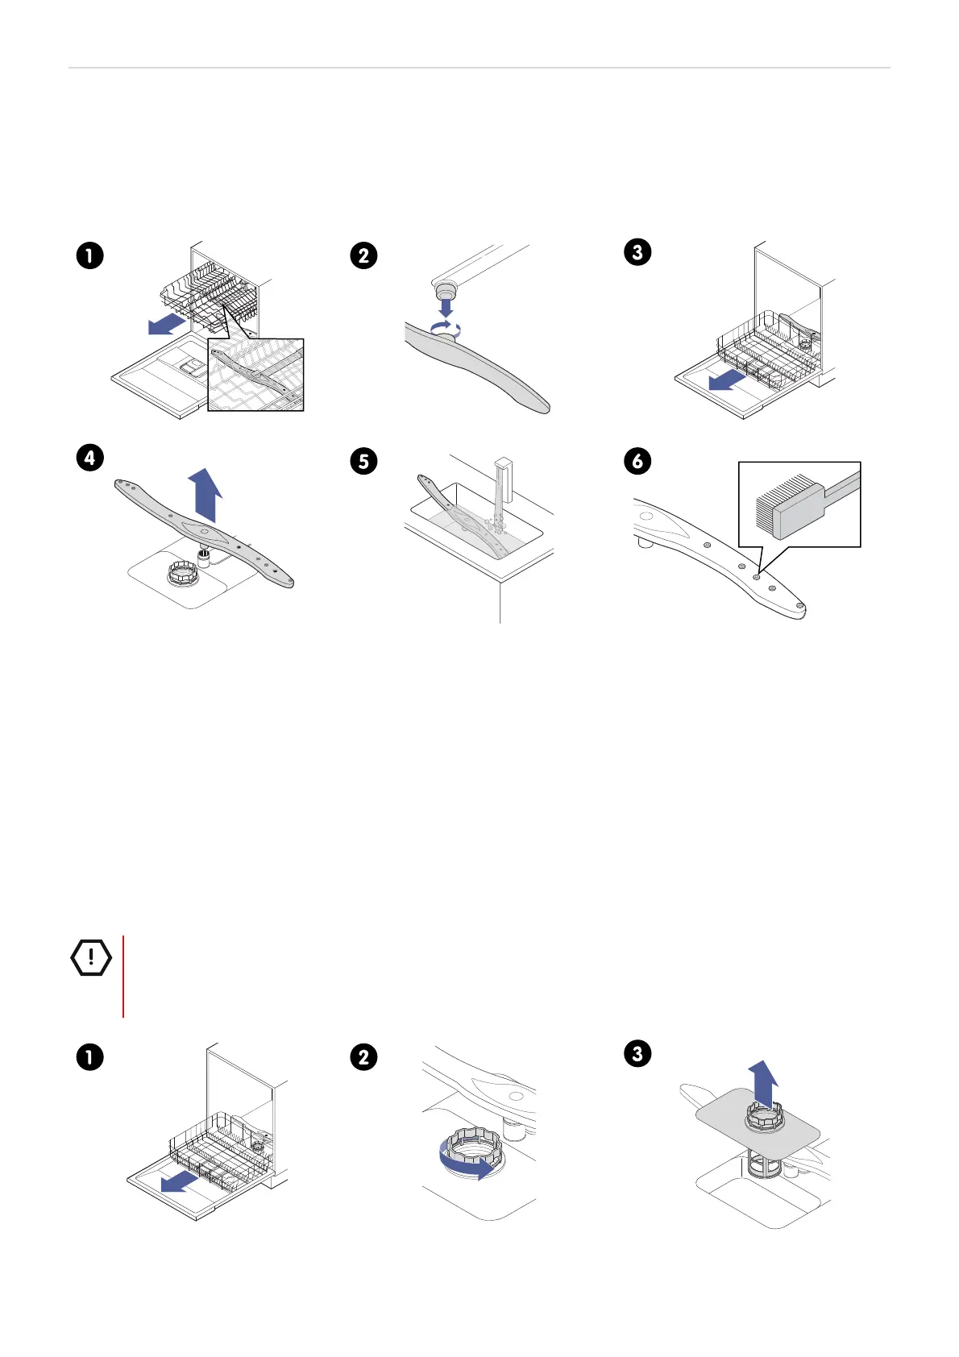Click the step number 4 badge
[90, 459]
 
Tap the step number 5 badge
[364, 462]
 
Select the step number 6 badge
[637, 461]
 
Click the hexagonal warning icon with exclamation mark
[91, 957]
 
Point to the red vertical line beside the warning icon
[123, 976]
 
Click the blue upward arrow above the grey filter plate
[762, 1083]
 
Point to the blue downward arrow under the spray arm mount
[446, 306]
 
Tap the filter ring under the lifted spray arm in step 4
[182, 575]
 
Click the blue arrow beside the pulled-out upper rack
[167, 324]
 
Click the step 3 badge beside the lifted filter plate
[637, 1053]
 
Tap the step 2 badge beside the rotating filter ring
[364, 1056]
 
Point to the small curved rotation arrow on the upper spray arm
[446, 327]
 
